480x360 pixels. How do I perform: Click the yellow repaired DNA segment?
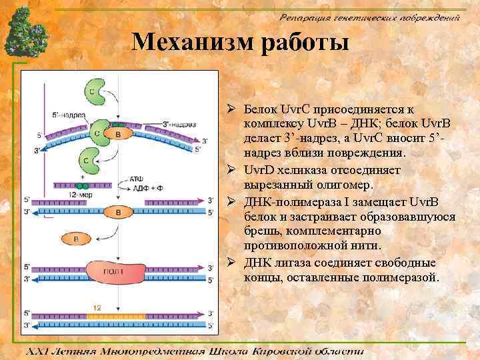pos(116,315)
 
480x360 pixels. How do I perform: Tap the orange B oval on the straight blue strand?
pos(118,212)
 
